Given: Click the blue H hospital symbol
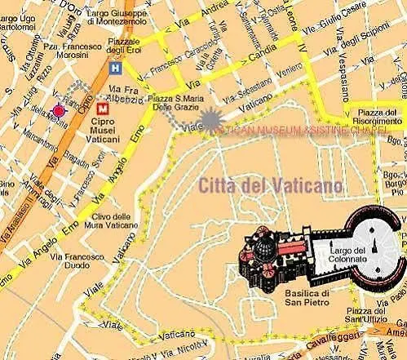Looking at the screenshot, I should click(117, 69).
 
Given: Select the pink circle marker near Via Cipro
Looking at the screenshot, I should click(58, 111).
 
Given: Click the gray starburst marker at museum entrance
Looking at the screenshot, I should click(212, 121).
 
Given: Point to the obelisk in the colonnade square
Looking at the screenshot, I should click(373, 242).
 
